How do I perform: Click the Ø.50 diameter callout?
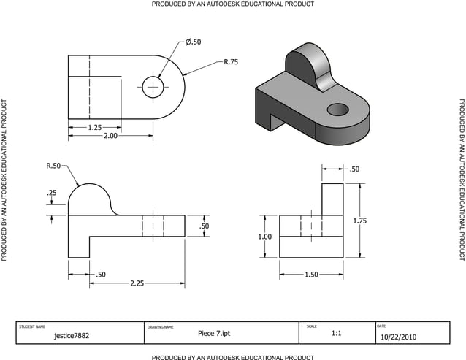point(193,42)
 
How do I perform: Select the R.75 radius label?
point(230,62)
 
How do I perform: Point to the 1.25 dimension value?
point(94,127)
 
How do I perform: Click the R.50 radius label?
point(53,166)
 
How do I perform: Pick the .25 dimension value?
point(52,193)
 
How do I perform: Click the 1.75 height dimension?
point(381,221)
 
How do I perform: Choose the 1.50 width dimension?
point(312,275)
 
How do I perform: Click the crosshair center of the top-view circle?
point(153,87)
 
